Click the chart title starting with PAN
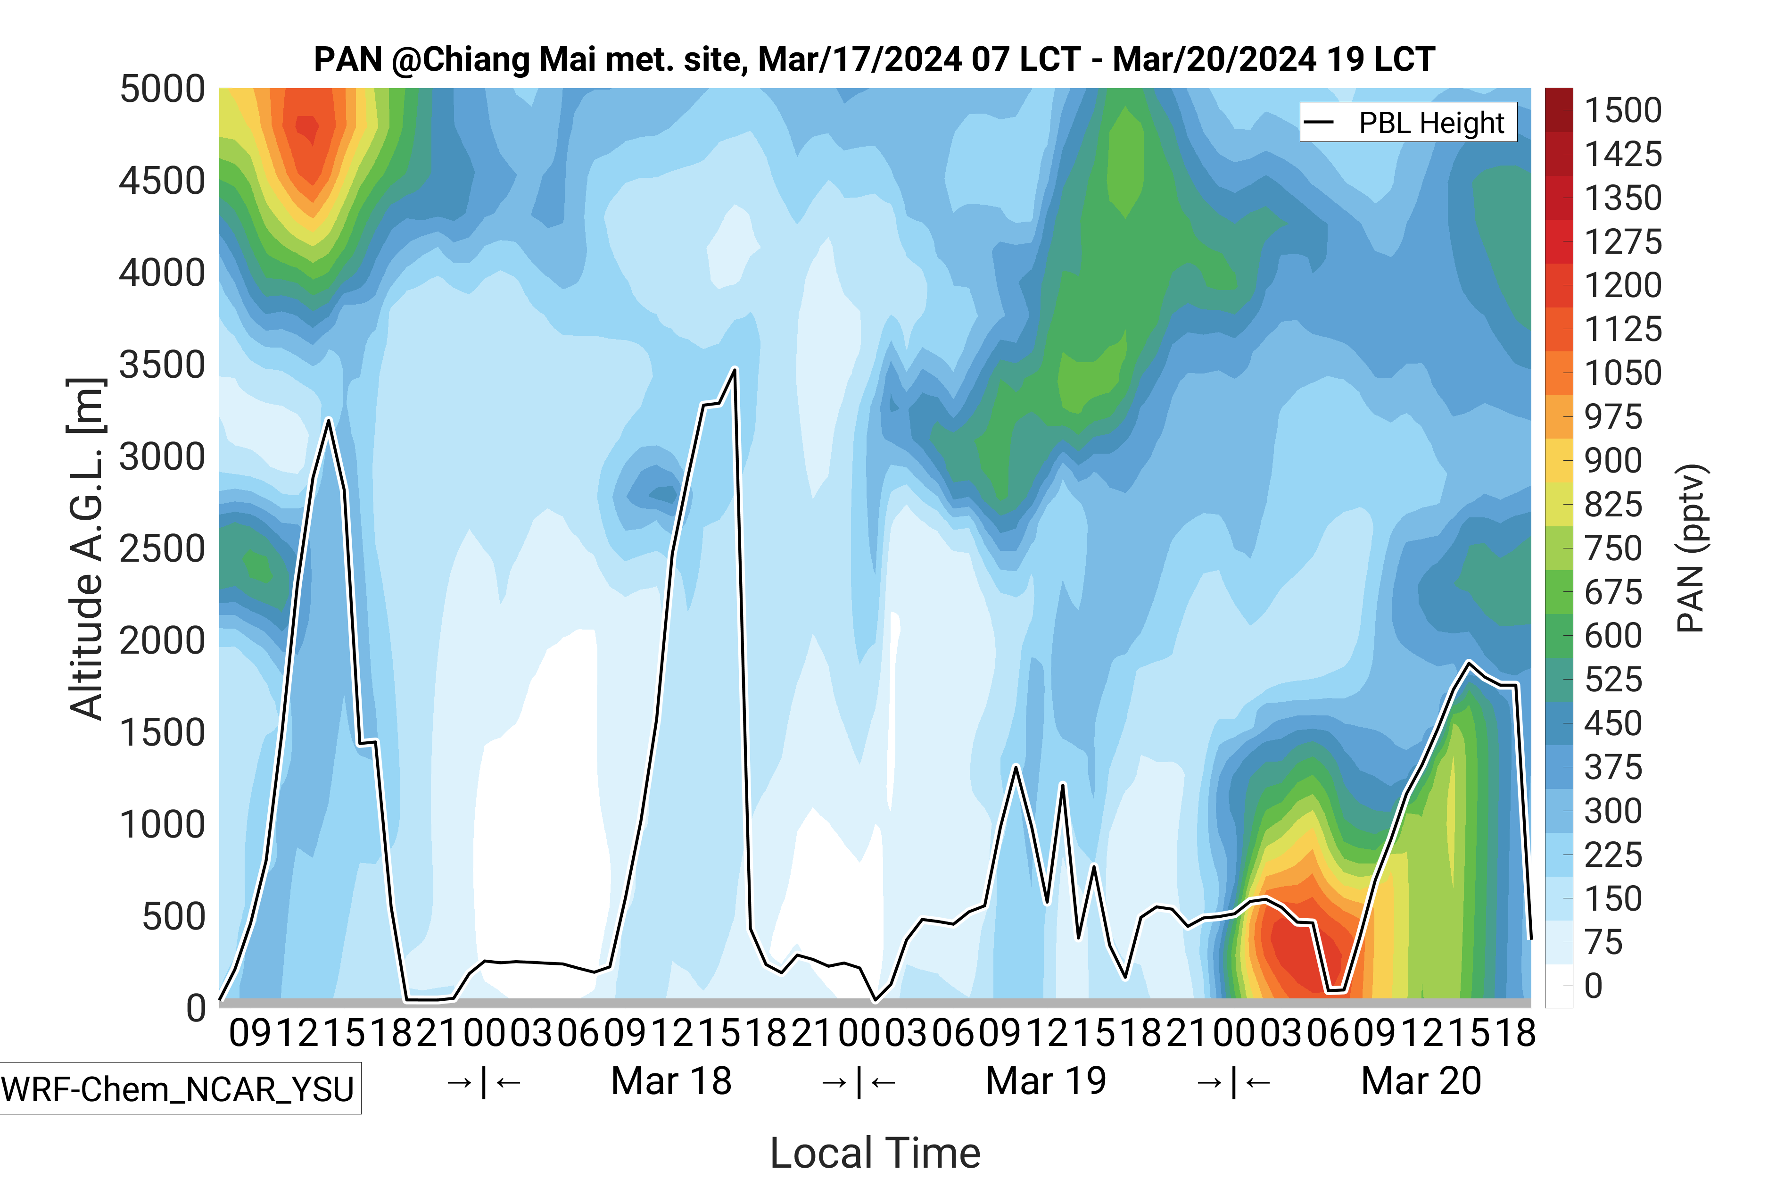(x=874, y=59)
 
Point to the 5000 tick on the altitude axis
(x=162, y=90)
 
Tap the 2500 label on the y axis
(x=162, y=549)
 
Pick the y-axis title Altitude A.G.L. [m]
(x=86, y=549)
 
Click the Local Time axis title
(x=876, y=1153)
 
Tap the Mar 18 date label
(x=671, y=1081)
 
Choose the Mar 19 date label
(x=1046, y=1081)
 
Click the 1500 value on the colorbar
(x=1623, y=110)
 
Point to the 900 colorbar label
(x=1613, y=461)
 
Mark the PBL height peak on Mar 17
(x=329, y=420)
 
